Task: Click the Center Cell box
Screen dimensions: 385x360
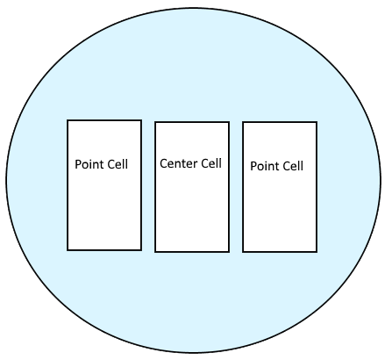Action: pos(192,187)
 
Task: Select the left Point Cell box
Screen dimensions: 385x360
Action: pos(104,185)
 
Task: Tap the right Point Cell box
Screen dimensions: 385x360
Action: pos(280,187)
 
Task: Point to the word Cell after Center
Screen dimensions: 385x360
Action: pos(210,163)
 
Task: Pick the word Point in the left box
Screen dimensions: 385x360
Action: pos(88,164)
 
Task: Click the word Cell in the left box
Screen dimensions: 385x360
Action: pos(118,164)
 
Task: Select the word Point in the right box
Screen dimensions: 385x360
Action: pos(263,166)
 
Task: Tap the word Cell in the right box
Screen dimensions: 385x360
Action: pos(293,166)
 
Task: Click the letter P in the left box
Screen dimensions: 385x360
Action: pos(78,164)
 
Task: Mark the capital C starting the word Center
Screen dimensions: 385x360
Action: pos(163,163)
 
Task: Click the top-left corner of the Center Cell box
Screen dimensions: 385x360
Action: pos(155,122)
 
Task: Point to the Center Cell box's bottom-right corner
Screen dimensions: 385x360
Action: pos(229,252)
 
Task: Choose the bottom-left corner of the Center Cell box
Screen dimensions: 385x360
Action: pos(155,252)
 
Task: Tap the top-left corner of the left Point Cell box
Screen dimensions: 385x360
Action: pos(68,120)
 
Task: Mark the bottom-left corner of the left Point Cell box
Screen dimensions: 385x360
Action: pos(68,250)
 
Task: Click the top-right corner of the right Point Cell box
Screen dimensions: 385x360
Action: pos(317,122)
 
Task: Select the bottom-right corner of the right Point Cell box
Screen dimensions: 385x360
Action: pos(317,252)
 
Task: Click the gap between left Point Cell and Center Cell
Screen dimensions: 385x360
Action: pos(148,186)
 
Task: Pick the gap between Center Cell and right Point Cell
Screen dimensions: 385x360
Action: pos(236,187)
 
